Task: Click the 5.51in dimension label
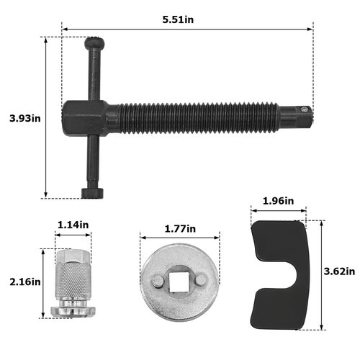click(x=179, y=19)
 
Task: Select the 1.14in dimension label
click(x=73, y=225)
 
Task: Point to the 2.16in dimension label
click(x=20, y=282)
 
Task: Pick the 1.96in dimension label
click(x=276, y=200)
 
